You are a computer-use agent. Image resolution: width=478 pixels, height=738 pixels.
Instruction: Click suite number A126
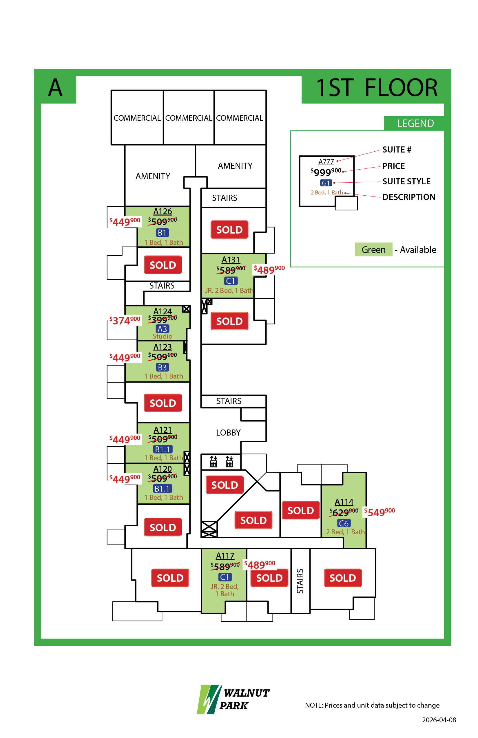[x=162, y=212]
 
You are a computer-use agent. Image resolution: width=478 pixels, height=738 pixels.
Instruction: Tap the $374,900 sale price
[x=125, y=320]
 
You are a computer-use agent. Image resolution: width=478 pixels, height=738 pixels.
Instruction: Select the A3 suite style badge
[x=162, y=329]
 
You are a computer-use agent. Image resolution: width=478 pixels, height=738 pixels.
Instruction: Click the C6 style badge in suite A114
[x=344, y=524]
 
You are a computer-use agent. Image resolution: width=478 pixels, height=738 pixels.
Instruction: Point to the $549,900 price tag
[x=379, y=512]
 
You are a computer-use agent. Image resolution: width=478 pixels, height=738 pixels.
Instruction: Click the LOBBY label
[x=228, y=433]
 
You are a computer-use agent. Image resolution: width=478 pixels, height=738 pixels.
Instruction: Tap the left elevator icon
[x=213, y=461]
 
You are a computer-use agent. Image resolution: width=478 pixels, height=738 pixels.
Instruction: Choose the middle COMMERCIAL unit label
[x=188, y=118]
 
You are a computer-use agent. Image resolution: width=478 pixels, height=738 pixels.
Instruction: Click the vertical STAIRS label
[x=300, y=581]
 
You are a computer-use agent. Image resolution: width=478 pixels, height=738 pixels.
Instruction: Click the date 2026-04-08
[x=439, y=720]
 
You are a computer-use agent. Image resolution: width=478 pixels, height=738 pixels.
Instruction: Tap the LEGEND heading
[x=415, y=123]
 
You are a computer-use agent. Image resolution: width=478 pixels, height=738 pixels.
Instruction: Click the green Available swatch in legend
[x=373, y=249]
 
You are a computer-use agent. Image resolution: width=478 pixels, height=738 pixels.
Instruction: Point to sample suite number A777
[x=326, y=161]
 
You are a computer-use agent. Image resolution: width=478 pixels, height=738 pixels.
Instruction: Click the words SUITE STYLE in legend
[x=406, y=181]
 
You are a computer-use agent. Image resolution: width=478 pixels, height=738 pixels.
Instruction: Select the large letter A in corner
[x=55, y=87]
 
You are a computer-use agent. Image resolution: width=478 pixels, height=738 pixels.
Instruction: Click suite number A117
[x=225, y=556]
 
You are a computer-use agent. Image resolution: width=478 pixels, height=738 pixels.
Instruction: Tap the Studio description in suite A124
[x=162, y=336]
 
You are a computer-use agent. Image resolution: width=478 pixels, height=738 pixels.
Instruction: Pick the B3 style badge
[x=162, y=368]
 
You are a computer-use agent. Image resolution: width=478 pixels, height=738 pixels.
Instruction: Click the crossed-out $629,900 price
[x=344, y=512]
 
